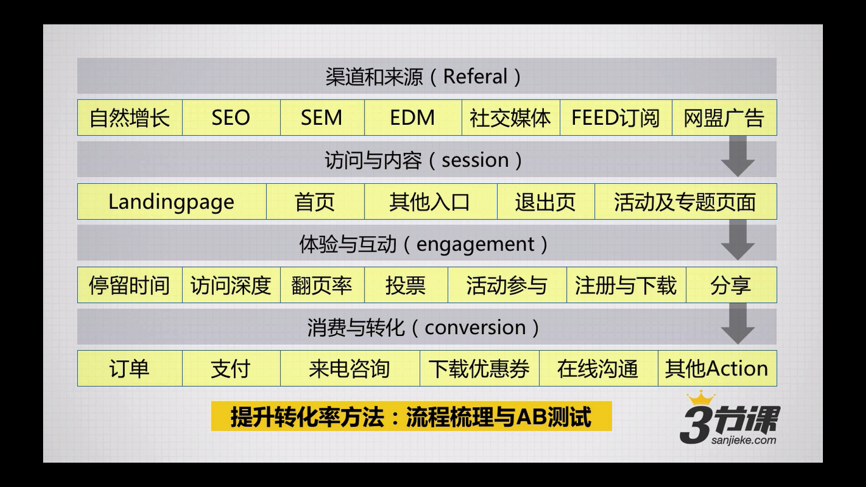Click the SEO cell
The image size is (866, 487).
coord(231,117)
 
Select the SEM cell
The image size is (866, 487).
coord(322,117)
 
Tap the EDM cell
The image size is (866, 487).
coord(413,117)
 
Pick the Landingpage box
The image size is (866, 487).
coord(172,202)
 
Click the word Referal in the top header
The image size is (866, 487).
coord(475,76)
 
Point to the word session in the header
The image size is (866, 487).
coord(475,160)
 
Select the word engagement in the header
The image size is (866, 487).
coord(475,245)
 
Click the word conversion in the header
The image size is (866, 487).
coord(475,328)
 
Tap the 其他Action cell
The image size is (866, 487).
coord(718,368)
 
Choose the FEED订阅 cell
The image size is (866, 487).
coord(616,117)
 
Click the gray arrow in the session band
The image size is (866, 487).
coord(738,156)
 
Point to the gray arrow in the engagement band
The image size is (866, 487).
coord(738,240)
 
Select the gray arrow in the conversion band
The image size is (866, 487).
coord(738,324)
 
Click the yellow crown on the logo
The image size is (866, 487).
coord(701,398)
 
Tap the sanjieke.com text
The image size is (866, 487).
coord(744,440)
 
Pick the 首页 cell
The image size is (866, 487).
coord(315,202)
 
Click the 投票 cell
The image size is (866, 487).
coord(406,285)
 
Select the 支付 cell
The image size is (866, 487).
coord(231,368)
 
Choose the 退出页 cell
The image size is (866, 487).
coord(545,202)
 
